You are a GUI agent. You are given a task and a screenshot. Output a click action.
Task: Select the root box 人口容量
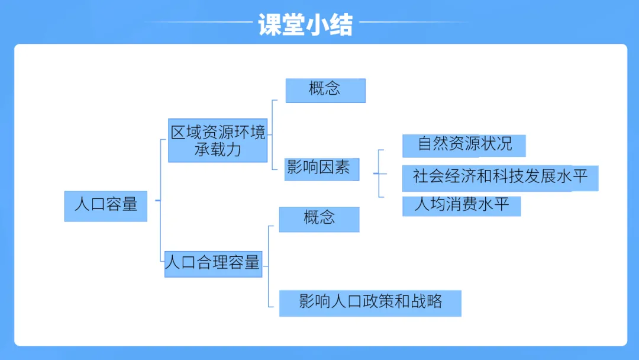106,205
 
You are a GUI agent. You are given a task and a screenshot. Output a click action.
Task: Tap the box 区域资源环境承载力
218,140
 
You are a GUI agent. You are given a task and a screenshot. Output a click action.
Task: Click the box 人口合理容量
213,262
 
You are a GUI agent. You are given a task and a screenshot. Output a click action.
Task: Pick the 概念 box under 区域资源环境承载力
325,90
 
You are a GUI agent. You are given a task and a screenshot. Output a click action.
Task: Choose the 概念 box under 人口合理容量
319,218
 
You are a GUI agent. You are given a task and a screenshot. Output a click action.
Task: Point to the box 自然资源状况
464,145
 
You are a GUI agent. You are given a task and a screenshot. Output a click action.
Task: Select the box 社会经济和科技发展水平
500,178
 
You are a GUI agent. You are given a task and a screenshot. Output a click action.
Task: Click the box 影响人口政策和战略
370,303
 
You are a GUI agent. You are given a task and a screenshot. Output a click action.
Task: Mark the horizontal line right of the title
414,22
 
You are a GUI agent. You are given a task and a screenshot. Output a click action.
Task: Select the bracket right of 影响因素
379,173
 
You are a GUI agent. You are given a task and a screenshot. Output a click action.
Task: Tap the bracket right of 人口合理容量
269,266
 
